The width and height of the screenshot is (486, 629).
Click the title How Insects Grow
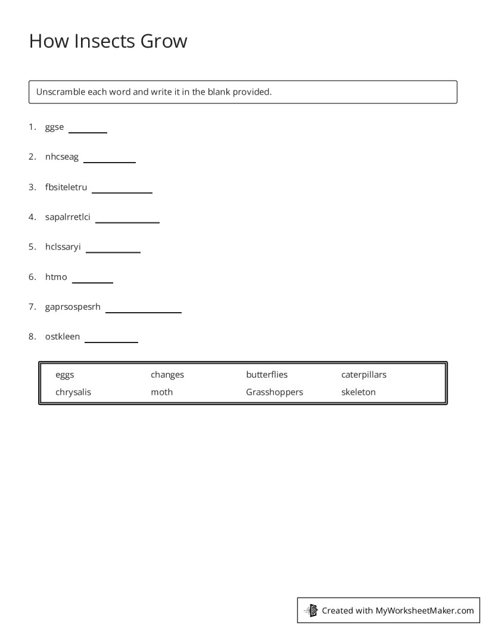(108, 41)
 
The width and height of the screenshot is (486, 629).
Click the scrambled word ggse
(54, 127)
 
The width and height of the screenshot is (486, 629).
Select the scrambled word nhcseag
(61, 157)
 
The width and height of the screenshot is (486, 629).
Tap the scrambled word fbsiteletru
(66, 187)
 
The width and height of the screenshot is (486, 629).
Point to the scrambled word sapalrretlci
(67, 217)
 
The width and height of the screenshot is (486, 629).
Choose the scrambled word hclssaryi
(63, 247)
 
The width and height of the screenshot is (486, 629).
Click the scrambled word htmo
(56, 277)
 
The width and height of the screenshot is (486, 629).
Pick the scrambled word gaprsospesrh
(73, 307)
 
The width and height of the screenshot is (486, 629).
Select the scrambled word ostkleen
(62, 337)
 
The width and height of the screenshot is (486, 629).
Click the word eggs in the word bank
(65, 375)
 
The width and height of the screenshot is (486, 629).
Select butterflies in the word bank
(266, 375)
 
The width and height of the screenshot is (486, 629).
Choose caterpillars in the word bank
(363, 375)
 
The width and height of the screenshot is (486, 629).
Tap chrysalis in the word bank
(73, 392)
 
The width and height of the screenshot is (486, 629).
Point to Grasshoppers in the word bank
(274, 392)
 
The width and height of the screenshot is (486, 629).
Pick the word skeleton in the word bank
(358, 392)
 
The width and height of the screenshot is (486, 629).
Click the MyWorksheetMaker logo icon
(311, 610)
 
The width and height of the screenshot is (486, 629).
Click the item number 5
(32, 247)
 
